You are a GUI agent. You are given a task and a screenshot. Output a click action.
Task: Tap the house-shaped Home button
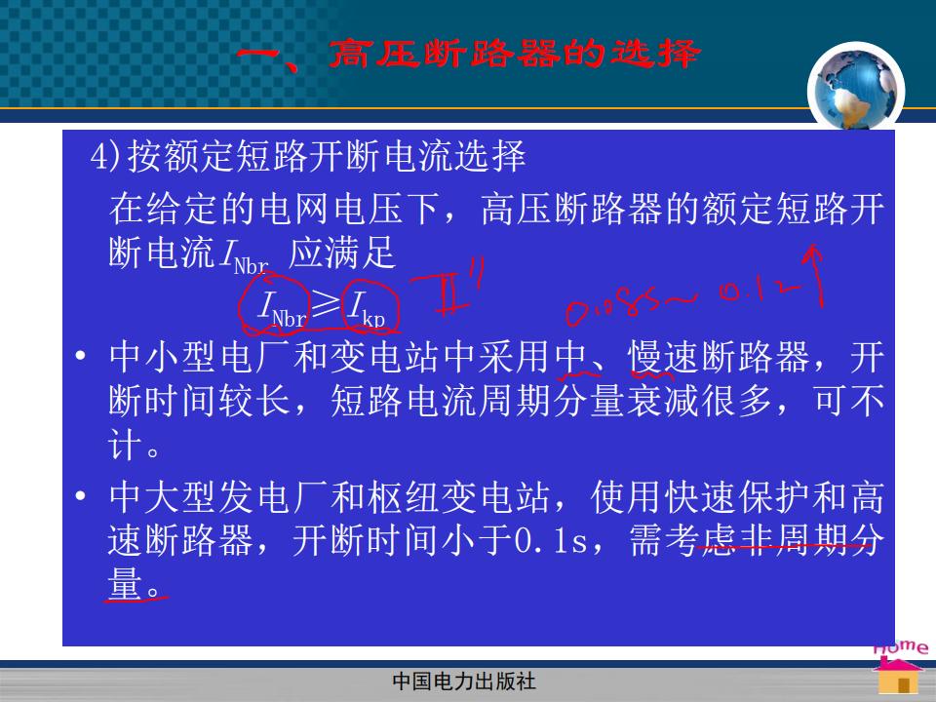pyautogui.click(x=898, y=673)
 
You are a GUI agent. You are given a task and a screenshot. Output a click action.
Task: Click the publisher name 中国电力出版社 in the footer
pyautogui.click(x=464, y=682)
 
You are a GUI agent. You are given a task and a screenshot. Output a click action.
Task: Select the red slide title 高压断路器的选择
pyautogui.click(x=515, y=54)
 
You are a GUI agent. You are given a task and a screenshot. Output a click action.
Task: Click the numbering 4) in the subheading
pyautogui.click(x=106, y=156)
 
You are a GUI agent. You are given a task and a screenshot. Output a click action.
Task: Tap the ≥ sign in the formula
pyautogui.click(x=325, y=304)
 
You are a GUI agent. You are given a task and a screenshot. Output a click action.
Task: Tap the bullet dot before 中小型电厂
pyautogui.click(x=81, y=356)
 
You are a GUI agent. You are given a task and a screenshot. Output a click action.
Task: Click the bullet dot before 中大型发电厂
pyautogui.click(x=81, y=495)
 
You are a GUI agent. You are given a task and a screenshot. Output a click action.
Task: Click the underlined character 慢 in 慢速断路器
pyautogui.click(x=645, y=357)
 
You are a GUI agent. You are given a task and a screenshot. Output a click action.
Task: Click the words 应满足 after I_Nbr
pyautogui.click(x=342, y=252)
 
